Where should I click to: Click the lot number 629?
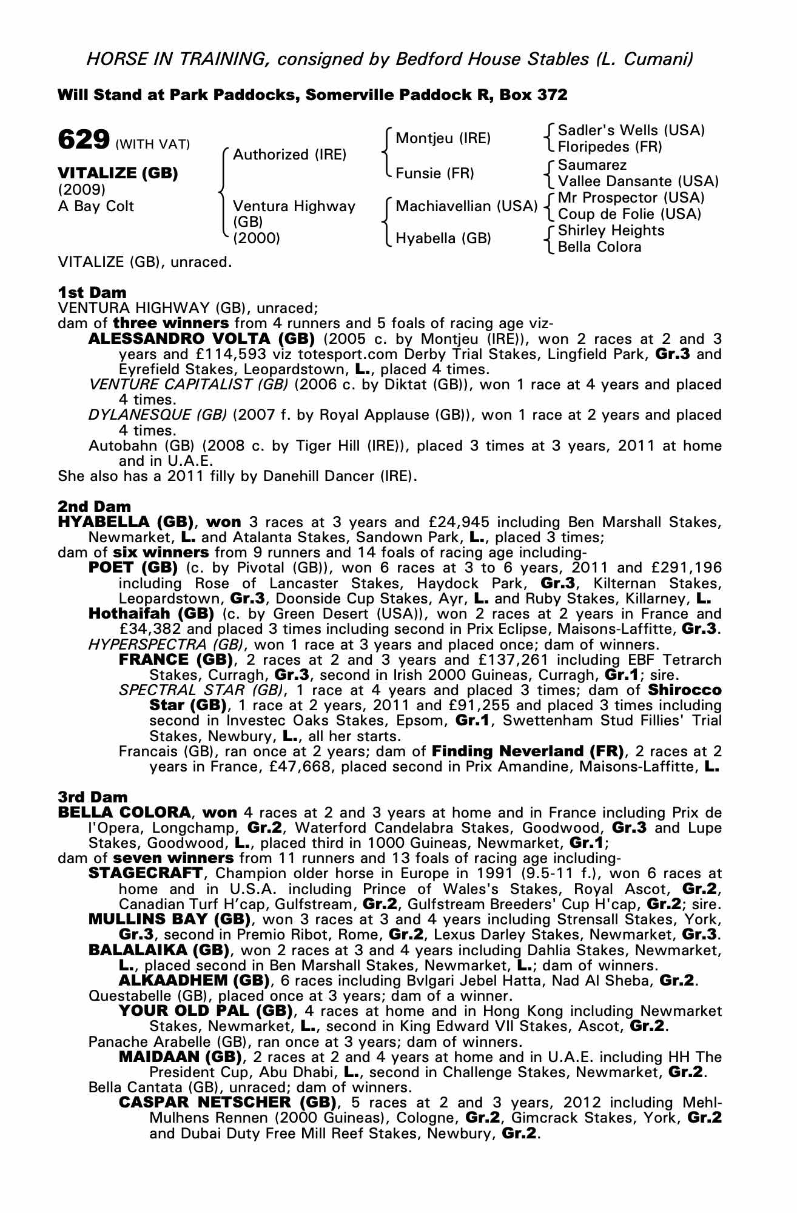tap(83, 139)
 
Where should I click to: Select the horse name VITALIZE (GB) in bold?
tap(118, 173)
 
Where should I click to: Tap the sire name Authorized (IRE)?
tap(289, 155)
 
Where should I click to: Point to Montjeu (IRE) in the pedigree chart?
tap(443, 138)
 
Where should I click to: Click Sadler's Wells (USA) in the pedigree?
tap(631, 130)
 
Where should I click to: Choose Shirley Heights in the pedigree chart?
tap(611, 230)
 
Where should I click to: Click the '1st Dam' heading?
tap(92, 292)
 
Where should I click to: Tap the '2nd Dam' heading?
tap(94, 506)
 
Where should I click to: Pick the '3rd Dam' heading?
tap(93, 797)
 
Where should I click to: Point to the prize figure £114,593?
tap(195, 354)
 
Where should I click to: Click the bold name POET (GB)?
tap(133, 568)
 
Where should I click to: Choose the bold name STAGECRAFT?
tap(146, 873)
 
